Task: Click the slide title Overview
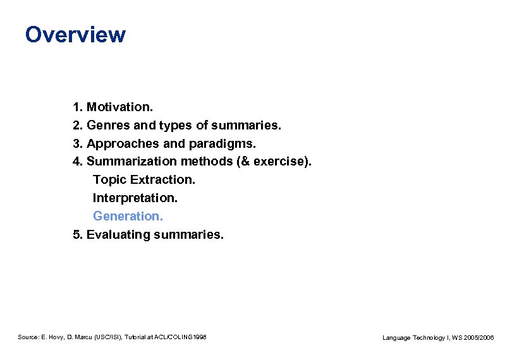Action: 75,34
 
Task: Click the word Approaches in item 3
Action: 118,143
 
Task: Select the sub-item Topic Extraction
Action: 144,180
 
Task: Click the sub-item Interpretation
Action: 135,198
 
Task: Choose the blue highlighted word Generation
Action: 128,217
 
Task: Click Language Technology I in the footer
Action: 417,338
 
